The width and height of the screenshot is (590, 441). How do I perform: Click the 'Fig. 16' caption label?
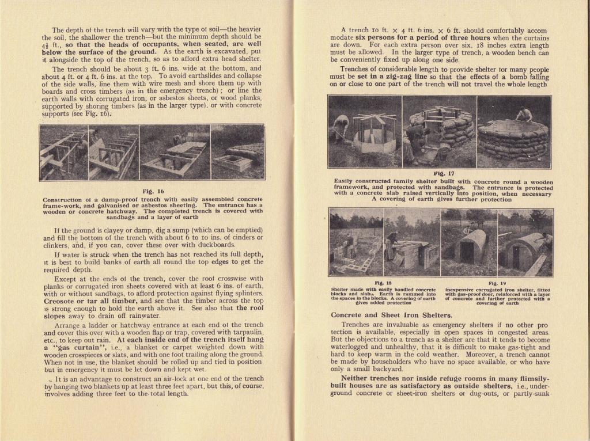pos(153,191)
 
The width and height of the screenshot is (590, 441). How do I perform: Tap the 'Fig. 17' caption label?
pos(443,173)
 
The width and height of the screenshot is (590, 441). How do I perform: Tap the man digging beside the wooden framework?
pos(341,127)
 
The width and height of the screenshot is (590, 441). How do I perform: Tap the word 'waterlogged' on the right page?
pos(353,348)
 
